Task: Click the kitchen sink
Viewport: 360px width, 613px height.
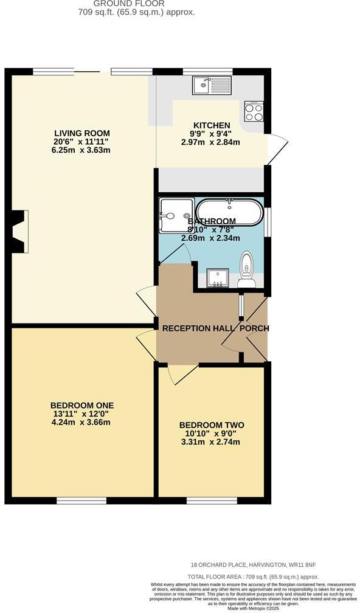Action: click(x=212, y=85)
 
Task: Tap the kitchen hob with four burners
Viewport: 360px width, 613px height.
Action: click(x=254, y=112)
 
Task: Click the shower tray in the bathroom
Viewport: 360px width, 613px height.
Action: click(x=175, y=216)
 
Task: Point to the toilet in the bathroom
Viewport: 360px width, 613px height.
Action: click(x=247, y=269)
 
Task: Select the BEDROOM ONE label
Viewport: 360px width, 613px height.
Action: click(x=82, y=405)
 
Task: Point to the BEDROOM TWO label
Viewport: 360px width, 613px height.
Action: click(x=211, y=424)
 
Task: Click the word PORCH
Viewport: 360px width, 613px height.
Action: click(x=254, y=328)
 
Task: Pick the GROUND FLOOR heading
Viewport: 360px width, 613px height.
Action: click(x=138, y=3)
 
